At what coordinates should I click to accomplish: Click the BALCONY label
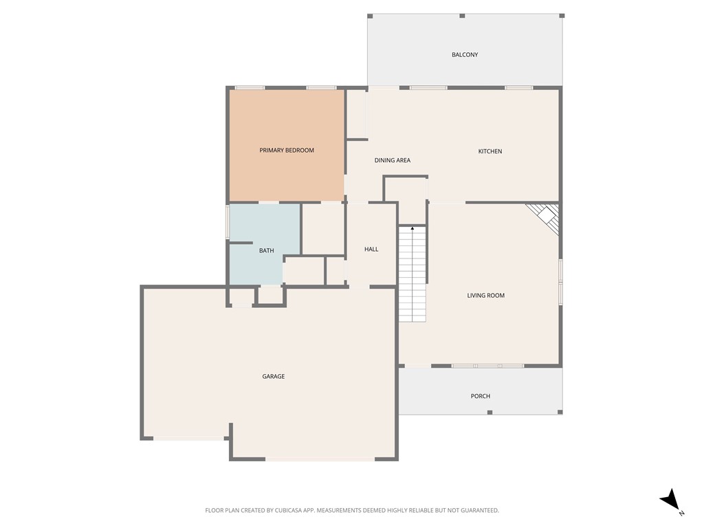(465, 55)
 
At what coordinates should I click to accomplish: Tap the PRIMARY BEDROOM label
(287, 150)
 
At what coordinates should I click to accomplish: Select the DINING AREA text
(393, 160)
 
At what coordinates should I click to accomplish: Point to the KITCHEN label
(490, 151)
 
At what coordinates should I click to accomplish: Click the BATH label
(267, 251)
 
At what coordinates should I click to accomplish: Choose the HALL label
(371, 250)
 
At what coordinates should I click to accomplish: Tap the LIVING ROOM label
(486, 296)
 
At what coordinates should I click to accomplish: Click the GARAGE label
(273, 377)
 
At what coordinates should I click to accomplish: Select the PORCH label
(481, 396)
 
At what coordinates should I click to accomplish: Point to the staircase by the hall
(412, 275)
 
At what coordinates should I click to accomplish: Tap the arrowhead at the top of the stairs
(412, 228)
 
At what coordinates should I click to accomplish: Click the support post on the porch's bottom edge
(489, 412)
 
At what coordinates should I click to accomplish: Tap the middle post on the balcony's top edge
(462, 16)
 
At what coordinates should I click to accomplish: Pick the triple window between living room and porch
(488, 366)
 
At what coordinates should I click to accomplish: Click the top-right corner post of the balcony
(562, 16)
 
